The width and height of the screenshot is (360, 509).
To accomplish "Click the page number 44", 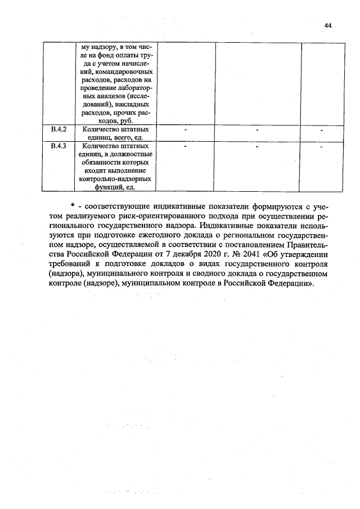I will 328,25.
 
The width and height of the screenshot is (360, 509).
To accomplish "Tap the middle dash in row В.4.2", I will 257,130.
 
